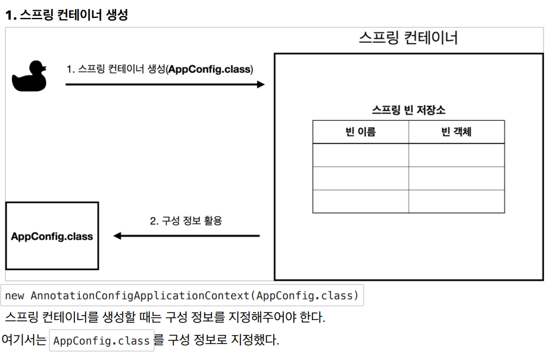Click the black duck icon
pos(29,76)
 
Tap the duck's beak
pos(44,68)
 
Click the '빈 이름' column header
pos(360,132)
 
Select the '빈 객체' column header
pos(457,132)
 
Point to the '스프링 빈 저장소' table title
pos(408,110)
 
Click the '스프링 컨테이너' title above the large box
pos(408,37)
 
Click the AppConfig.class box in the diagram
pos(52,236)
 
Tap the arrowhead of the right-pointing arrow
pos(261,84)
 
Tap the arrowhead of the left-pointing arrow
pos(117,236)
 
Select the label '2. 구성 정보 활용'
pos(186,221)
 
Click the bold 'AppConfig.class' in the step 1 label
pos(210,69)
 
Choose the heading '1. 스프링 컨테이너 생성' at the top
pos(67,15)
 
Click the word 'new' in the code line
pos(14,296)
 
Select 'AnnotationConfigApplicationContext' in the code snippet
pos(140,296)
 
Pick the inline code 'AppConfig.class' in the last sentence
pos(102,340)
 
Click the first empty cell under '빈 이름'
pos(361,155)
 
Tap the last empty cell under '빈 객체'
pos(457,201)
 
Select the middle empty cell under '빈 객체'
pos(457,179)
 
